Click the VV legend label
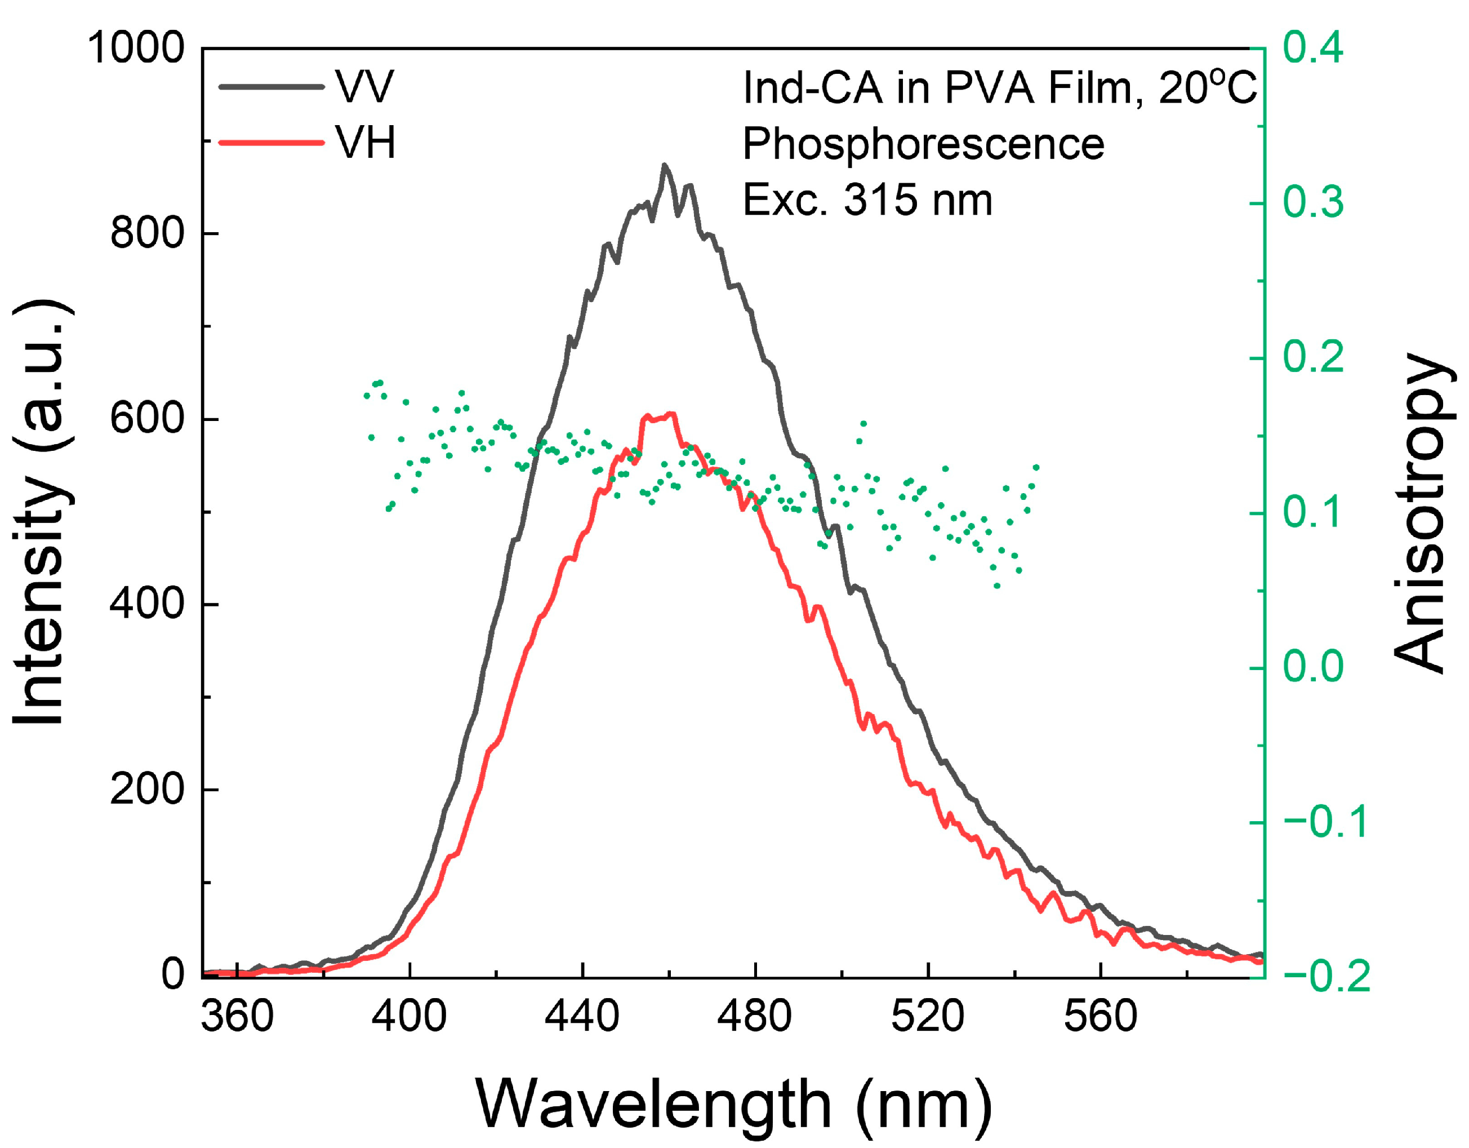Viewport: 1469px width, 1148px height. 364,87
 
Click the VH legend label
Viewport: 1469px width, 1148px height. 365,143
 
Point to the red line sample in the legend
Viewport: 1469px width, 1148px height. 271,142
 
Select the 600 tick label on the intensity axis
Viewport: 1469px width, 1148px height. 146,419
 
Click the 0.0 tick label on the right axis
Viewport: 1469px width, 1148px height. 1312,667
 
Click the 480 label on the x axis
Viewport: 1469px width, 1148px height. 754,1016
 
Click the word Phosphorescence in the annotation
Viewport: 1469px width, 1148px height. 923,144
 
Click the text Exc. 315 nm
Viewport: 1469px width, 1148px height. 867,200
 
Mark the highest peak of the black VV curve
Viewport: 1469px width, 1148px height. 665,165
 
